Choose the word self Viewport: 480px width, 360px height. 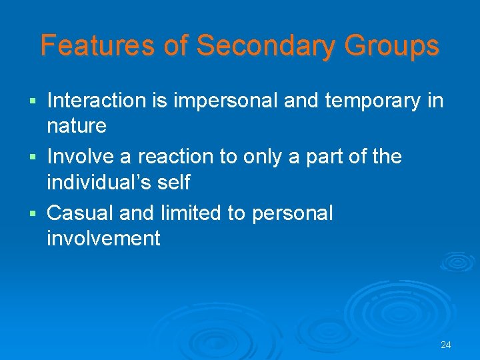click(174, 182)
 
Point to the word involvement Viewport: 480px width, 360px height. click(103, 238)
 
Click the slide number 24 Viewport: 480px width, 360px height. click(446, 345)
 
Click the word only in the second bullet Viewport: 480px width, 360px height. click(260, 157)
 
